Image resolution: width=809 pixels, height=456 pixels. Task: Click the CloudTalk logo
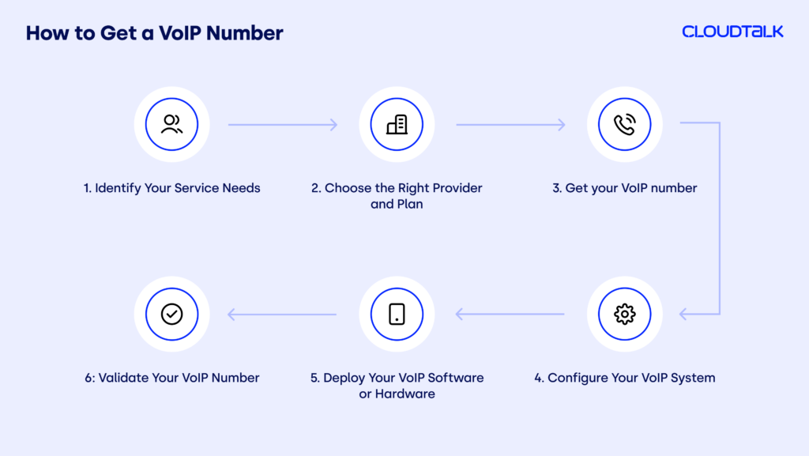click(732, 32)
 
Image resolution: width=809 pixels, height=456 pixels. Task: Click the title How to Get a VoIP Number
click(154, 33)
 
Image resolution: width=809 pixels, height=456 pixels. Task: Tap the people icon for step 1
click(171, 125)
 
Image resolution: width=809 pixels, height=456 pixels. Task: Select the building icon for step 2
click(397, 125)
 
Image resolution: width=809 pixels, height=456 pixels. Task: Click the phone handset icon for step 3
click(624, 125)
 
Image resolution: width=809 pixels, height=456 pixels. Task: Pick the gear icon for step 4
click(624, 314)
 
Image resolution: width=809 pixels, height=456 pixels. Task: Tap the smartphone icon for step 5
click(397, 314)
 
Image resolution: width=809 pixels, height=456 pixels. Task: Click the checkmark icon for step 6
click(171, 314)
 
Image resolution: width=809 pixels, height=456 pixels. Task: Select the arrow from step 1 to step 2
click(283, 125)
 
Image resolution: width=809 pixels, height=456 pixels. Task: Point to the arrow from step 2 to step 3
click(510, 125)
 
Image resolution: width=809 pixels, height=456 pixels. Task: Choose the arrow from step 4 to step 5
click(510, 315)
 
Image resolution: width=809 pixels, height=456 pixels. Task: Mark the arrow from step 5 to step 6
click(283, 315)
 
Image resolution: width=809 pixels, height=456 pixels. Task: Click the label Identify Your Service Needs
click(171, 188)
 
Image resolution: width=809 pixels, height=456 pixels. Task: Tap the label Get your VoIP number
click(624, 188)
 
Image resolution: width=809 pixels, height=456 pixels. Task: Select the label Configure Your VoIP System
click(624, 378)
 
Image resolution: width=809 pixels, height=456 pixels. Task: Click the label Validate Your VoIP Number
click(171, 378)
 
